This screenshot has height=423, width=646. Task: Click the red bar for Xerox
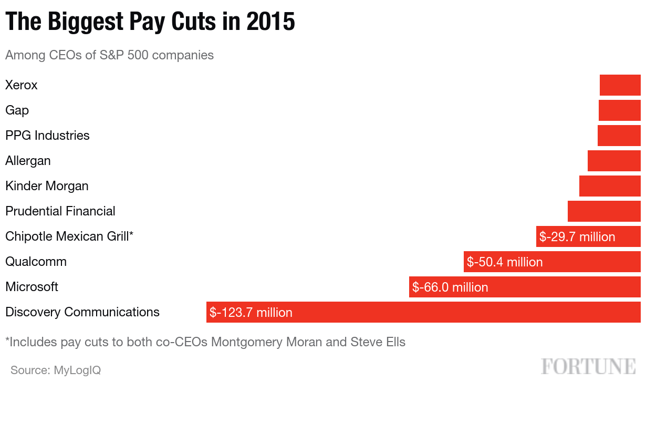[x=620, y=85]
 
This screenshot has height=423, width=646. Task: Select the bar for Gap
[x=619, y=110]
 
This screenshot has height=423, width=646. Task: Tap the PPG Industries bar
[x=619, y=136]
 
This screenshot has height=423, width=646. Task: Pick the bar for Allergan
[x=614, y=161]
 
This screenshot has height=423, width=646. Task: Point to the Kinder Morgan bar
[x=610, y=186]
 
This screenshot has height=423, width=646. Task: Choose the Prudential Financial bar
[x=604, y=211]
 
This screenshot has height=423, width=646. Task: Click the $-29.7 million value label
[x=577, y=237]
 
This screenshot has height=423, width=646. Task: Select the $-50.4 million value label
[x=505, y=262]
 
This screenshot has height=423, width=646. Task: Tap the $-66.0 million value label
[x=450, y=287]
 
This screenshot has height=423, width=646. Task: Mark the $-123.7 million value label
[x=251, y=313]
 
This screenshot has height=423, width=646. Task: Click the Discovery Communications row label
[x=82, y=312]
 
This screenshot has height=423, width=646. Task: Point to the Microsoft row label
[x=32, y=287]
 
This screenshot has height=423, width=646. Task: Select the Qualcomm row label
[x=36, y=262]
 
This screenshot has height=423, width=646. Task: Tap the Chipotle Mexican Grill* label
[x=69, y=236]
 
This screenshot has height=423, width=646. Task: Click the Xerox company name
[x=22, y=85]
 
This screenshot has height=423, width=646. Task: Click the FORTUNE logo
[x=588, y=366]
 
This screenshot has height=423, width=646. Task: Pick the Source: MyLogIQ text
[x=56, y=370]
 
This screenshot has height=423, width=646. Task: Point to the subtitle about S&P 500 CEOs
[x=109, y=55]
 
